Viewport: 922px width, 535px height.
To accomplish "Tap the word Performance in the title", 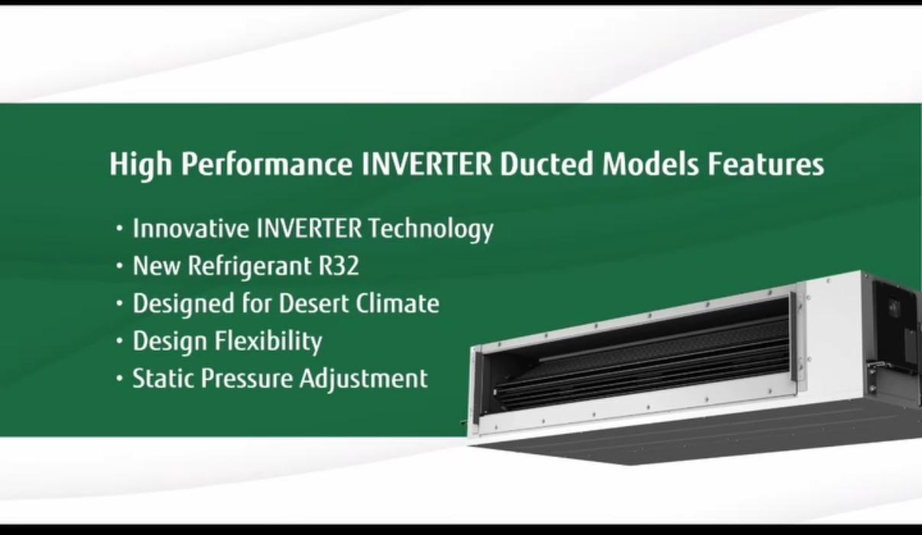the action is [267, 164].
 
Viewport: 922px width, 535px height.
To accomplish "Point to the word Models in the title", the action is [651, 164].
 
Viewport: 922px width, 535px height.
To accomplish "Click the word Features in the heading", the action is [766, 164].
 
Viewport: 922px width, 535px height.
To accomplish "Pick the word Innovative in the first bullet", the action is [191, 228].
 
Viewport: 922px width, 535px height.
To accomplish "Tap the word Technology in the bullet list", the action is [431, 229].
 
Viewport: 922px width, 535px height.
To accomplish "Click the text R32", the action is [339, 265].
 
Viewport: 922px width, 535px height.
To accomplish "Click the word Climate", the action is [398, 303].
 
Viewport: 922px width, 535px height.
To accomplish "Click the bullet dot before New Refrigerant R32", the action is [119, 266].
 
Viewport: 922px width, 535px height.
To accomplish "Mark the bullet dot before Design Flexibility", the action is [119, 341].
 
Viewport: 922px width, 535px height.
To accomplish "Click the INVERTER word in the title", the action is [427, 164].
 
